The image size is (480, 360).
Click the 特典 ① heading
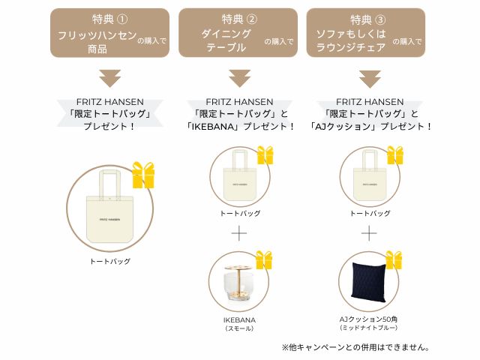click(109, 19)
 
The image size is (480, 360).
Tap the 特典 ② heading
click(239, 19)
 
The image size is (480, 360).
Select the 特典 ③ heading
click(368, 20)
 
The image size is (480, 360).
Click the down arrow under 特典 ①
click(110, 78)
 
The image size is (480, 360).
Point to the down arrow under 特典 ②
click(240, 78)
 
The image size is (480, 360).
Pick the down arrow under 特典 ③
click(370, 79)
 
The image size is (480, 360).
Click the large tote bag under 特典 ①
click(110, 206)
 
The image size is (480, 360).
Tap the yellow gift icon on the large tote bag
click(143, 175)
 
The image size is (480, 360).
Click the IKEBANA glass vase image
click(238, 283)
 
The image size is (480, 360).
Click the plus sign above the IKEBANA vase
click(239, 233)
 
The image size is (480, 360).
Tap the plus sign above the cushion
click(369, 233)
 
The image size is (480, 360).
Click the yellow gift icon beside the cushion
click(394, 260)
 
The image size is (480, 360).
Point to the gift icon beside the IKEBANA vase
click(264, 260)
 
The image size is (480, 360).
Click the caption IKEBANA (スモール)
click(239, 324)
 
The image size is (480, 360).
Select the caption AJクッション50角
click(368, 319)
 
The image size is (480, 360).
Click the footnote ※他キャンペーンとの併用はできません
click(355, 347)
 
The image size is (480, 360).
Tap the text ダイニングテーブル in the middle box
click(226, 40)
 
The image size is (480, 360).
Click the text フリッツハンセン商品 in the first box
click(97, 42)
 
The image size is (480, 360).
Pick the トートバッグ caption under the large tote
click(110, 262)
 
